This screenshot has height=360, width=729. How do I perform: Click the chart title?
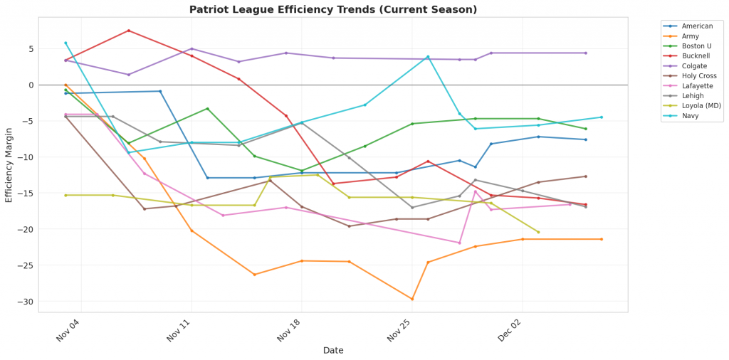pos(333,9)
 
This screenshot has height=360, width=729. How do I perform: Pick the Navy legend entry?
pos(690,115)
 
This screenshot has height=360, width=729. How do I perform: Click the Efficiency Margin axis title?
pos(9,165)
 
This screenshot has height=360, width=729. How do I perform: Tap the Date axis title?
pos(333,350)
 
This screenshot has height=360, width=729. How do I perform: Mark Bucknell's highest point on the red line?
pos(128,31)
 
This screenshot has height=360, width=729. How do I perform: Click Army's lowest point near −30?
pos(412,299)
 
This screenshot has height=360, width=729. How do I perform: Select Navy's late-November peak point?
pos(428,57)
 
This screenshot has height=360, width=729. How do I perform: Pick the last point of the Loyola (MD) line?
pos(538,232)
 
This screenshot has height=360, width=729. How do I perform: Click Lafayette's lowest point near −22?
pos(459,243)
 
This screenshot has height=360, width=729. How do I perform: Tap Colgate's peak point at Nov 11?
pos(192,48)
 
